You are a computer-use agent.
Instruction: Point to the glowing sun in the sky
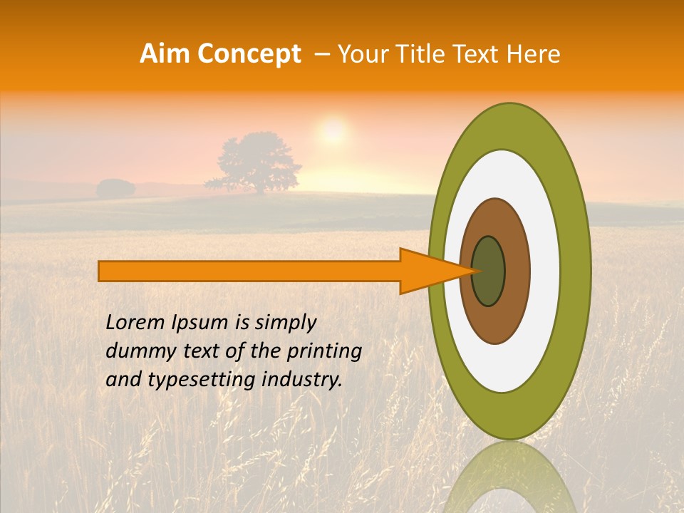click(332, 131)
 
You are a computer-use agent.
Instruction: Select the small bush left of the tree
click(115, 188)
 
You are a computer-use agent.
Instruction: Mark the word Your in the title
click(361, 54)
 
